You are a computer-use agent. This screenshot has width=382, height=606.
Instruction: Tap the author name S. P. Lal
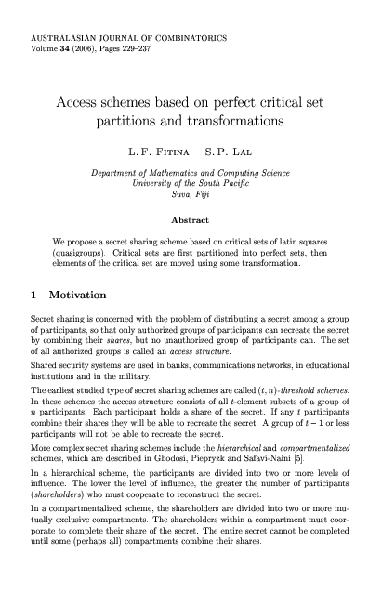pyautogui.click(x=229, y=148)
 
